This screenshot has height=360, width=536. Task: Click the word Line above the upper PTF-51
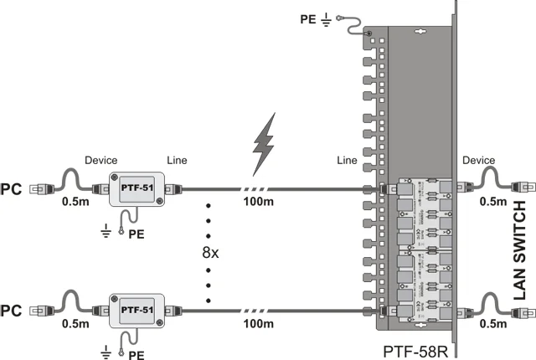pos(177,159)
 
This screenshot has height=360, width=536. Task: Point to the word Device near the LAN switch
pos(479,159)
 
